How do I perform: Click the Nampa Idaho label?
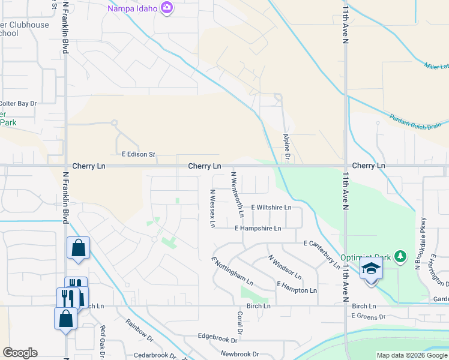pyautogui.click(x=132, y=8)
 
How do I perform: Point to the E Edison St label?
pyautogui.click(x=138, y=155)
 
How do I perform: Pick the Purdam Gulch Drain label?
pyautogui.click(x=415, y=121)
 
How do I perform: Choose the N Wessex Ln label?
pyautogui.click(x=212, y=208)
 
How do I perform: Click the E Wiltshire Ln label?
pyautogui.click(x=271, y=208)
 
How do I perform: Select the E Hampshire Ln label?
pyautogui.click(x=258, y=229)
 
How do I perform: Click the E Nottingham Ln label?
pyautogui.click(x=232, y=271)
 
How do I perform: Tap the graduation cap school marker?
pyautogui.click(x=371, y=269)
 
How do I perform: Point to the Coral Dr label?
pyautogui.click(x=240, y=323)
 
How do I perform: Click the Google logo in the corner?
pyautogui.click(x=20, y=353)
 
